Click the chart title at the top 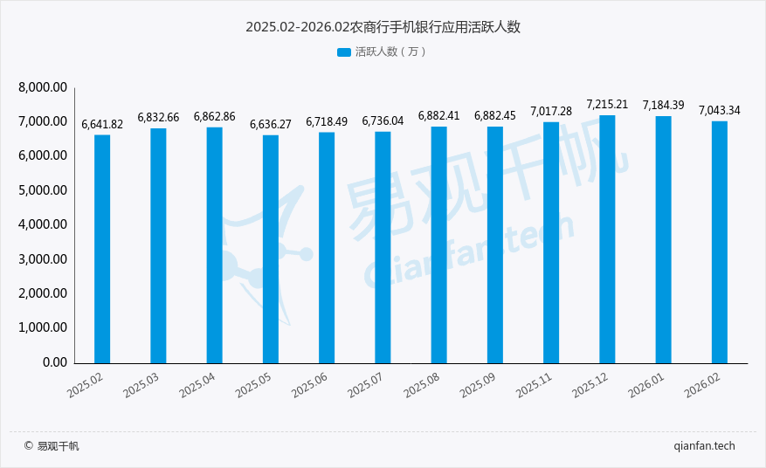pyautogui.click(x=383, y=27)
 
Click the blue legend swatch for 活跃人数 pyautogui.click(x=343, y=52)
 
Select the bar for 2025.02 pyautogui.click(x=102, y=249)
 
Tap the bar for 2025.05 pyautogui.click(x=271, y=249)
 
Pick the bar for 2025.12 pyautogui.click(x=607, y=239)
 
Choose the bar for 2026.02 pyautogui.click(x=719, y=242)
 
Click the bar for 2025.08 pyautogui.click(x=438, y=244)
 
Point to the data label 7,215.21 pyautogui.click(x=607, y=104)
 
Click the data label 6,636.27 pyautogui.click(x=271, y=124)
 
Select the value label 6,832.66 pyautogui.click(x=158, y=117)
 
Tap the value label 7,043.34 pyautogui.click(x=719, y=110)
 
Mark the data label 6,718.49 pyautogui.click(x=327, y=121)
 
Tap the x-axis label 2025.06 pyautogui.click(x=310, y=385)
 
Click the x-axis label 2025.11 pyautogui.click(x=535, y=385)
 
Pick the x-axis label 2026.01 pyautogui.click(x=646, y=385)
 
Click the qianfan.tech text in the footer pyautogui.click(x=705, y=446)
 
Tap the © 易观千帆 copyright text pyautogui.click(x=52, y=446)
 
